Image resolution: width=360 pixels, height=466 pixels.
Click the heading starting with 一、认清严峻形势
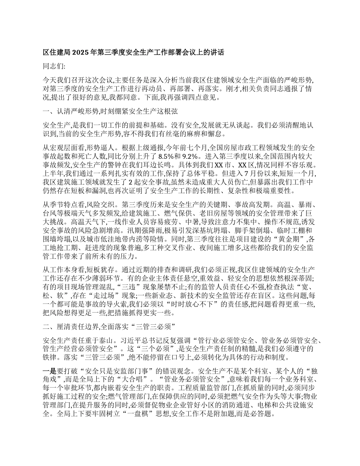(110, 111)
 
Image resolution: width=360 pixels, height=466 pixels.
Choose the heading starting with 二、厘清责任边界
(110, 327)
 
